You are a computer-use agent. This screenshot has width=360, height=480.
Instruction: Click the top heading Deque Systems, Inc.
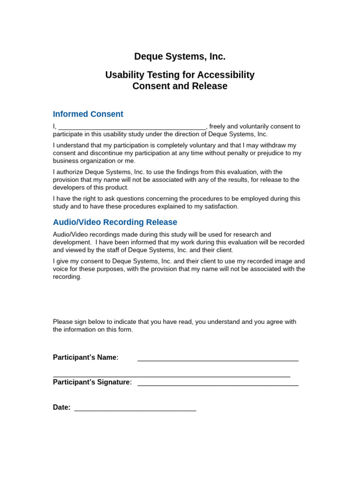tap(180, 57)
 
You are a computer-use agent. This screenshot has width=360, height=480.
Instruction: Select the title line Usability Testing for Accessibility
tap(180, 75)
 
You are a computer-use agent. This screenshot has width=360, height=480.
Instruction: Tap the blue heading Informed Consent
tap(88, 114)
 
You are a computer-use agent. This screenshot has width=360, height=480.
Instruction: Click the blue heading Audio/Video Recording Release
tap(115, 222)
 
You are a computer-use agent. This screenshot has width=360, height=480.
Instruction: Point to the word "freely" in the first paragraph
tap(218, 127)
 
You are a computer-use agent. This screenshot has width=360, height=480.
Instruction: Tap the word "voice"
tap(61, 269)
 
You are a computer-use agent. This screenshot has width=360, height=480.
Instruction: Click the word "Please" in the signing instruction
tap(63, 322)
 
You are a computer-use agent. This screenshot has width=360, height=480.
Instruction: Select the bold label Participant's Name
tap(85, 357)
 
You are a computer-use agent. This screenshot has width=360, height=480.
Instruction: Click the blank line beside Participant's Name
tap(218, 360)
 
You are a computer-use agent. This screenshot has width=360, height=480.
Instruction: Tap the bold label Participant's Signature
tap(91, 382)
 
